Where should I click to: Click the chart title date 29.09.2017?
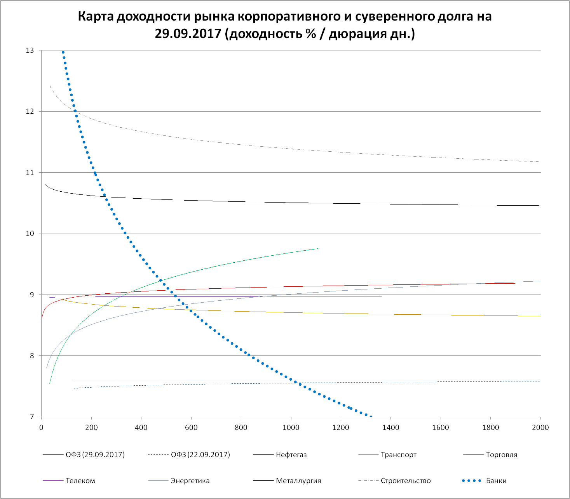pos(188,34)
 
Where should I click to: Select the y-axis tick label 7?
pos(32,417)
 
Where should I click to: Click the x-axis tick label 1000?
pos(291,428)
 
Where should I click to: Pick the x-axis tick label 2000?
pos(540,428)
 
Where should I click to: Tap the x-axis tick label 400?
pos(141,428)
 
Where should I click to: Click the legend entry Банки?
pos(496,481)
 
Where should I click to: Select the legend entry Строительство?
pos(406,481)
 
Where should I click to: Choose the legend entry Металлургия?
pos(298,481)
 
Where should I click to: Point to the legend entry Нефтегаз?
pos(291,455)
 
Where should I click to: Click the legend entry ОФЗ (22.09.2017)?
pos(200,455)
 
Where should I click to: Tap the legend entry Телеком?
pos(80,481)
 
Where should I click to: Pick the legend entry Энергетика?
pos(190,481)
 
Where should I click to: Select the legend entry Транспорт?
pos(399,455)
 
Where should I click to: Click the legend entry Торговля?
pos(502,455)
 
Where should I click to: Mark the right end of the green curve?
pos(318,248)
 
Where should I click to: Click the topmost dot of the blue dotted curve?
pos(63,52)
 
